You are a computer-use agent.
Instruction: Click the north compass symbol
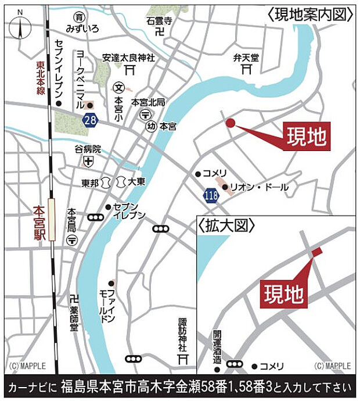click(x=21, y=26)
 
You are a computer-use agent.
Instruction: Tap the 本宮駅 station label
click(x=38, y=221)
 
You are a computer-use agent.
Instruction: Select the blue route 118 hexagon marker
click(x=212, y=195)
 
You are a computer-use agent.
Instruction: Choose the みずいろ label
click(x=82, y=28)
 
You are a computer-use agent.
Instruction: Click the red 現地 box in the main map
click(x=306, y=137)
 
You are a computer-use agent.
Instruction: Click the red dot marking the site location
click(x=230, y=123)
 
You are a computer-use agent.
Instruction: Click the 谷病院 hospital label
click(x=88, y=148)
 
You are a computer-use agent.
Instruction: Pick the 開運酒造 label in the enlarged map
click(x=217, y=347)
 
